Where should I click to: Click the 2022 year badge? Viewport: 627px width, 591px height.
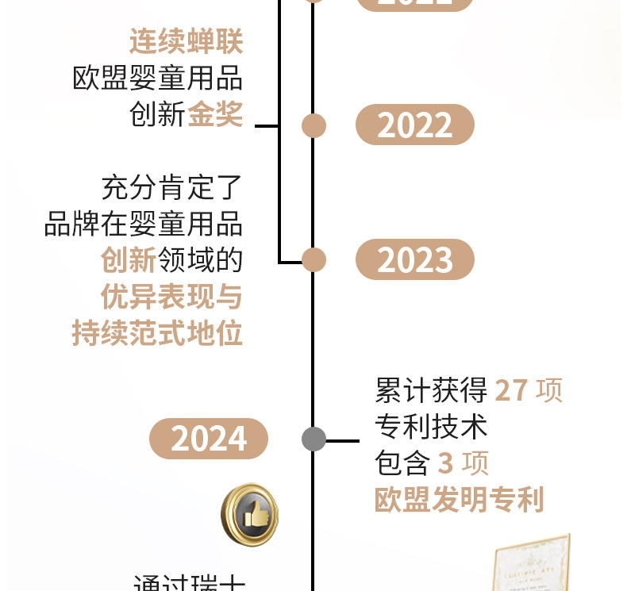[x=414, y=125]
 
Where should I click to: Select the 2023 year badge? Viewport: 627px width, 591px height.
[x=414, y=260]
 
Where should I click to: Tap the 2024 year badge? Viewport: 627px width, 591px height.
[x=209, y=439]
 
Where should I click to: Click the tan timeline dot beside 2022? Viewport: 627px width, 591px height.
[x=314, y=125]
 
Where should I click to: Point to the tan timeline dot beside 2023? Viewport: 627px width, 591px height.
[x=314, y=259]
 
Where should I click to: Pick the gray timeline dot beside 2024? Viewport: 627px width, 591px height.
[x=314, y=439]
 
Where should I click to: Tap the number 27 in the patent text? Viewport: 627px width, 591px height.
[x=510, y=390]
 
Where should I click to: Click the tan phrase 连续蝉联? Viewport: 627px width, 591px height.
[x=186, y=42]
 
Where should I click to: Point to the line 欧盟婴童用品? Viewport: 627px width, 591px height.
[x=157, y=79]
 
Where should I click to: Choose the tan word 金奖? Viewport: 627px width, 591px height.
[x=214, y=115]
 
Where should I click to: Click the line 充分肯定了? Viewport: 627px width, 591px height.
[x=171, y=188]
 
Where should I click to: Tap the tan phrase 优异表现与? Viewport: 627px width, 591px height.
[x=171, y=297]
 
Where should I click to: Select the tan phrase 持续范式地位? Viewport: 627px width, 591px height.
[x=157, y=334]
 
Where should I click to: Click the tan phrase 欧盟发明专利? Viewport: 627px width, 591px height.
[x=459, y=500]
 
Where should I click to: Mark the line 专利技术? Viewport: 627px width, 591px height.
[x=431, y=427]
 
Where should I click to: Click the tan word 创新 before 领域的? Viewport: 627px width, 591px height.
[x=128, y=260]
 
